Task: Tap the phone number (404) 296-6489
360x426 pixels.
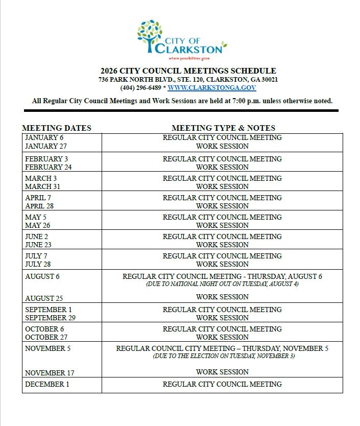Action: click(140, 88)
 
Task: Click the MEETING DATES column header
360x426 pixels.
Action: click(57, 128)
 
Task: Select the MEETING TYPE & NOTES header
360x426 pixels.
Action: click(223, 128)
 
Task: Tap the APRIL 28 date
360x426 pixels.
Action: click(39, 206)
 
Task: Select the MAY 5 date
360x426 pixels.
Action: click(36, 217)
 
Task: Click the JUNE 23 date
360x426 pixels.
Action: click(38, 245)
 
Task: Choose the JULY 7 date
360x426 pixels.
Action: click(36, 256)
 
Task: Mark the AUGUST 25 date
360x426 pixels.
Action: click(44, 298)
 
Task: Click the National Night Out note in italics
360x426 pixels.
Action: click(222, 284)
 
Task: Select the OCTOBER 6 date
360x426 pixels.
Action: click(44, 329)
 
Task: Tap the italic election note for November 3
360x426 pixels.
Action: click(224, 356)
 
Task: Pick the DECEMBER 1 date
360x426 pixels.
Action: click(47, 384)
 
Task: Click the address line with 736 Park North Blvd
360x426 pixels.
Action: click(188, 80)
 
